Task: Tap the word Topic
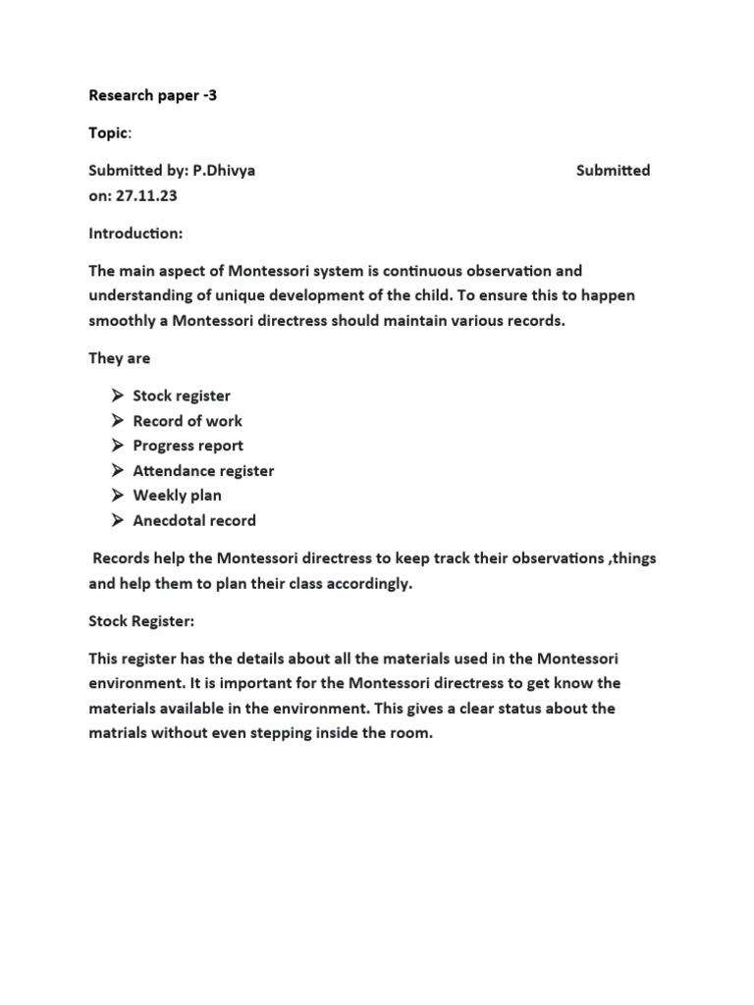(x=108, y=132)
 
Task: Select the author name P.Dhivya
(x=224, y=170)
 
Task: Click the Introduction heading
(x=135, y=234)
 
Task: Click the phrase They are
(x=120, y=358)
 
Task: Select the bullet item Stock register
(x=182, y=396)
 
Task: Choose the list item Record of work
(x=188, y=421)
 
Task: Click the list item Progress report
(x=188, y=446)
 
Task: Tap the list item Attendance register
(x=203, y=471)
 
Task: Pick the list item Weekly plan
(x=178, y=496)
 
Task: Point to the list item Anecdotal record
(x=194, y=521)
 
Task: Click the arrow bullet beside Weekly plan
(x=117, y=496)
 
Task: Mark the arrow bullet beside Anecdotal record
(x=117, y=521)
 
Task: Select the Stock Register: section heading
(x=142, y=620)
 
